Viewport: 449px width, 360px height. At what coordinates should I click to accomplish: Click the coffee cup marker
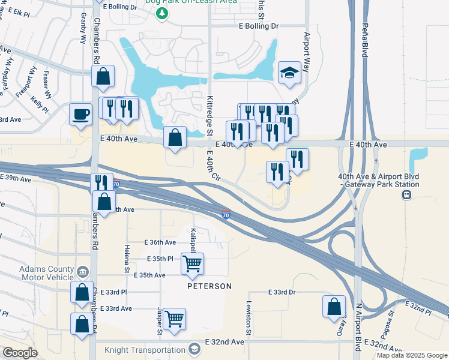80,114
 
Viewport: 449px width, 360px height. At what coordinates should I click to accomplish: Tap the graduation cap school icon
289,73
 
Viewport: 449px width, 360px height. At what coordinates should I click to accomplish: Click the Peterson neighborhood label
209,286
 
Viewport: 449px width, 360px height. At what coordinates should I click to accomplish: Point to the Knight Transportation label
145,349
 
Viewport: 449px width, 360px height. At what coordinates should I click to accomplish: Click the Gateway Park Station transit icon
406,194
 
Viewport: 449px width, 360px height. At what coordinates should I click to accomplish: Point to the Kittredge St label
210,115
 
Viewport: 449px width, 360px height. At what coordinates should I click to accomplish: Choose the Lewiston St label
247,318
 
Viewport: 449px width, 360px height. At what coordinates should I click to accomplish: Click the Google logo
20,353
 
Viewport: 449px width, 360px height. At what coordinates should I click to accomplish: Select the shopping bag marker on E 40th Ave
174,138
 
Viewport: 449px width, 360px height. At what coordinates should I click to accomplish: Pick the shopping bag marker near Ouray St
334,307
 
